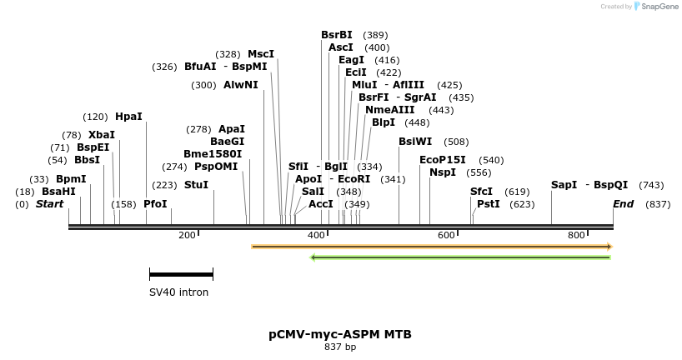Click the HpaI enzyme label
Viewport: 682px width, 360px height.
128,117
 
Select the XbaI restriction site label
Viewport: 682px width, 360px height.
102,135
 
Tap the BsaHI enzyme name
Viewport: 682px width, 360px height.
58,192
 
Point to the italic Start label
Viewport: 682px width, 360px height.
49,204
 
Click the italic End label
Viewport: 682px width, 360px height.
623,204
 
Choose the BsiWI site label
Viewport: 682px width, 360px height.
415,142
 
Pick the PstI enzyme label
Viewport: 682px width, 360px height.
489,204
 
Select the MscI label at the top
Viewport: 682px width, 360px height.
261,54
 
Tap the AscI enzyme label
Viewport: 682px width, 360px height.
341,47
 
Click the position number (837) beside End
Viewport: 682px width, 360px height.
658,204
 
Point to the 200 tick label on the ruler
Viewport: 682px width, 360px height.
187,236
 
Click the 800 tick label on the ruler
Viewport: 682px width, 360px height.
577,236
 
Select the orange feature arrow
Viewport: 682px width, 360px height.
432,247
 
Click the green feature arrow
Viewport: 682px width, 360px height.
460,257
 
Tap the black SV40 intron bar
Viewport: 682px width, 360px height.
181,274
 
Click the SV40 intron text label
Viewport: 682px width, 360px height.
178,292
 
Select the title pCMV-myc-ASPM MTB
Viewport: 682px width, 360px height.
339,334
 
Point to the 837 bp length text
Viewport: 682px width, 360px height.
339,347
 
